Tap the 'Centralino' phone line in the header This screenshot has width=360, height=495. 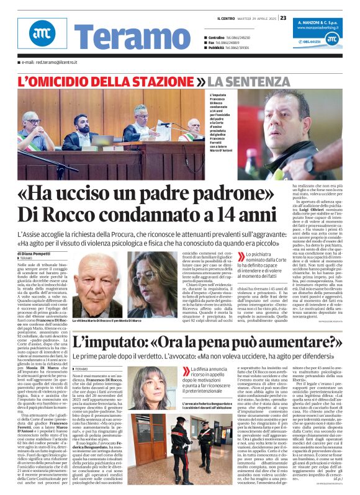(232, 37)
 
